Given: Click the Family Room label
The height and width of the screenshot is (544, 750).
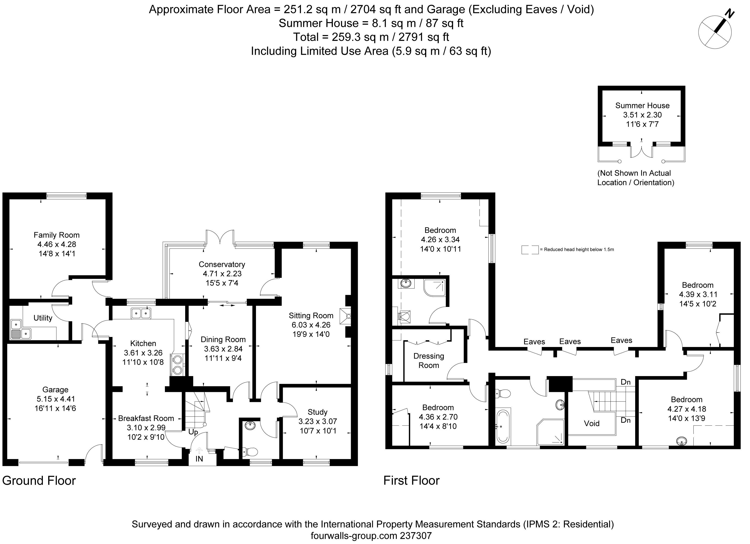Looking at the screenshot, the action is pos(57,235).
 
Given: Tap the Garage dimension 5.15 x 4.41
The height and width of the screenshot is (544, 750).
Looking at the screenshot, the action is pos(55,399).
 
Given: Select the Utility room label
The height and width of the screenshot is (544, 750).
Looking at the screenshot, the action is pos(43,318).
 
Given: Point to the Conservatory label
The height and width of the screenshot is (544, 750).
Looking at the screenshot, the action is pos(222,265).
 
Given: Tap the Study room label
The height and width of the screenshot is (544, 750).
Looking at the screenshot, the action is pos(317,412).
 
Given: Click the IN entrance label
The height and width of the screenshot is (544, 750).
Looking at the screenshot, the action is pos(199,459).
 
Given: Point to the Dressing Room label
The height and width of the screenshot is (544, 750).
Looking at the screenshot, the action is pos(429,361).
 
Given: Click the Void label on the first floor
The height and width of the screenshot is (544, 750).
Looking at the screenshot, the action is pos(592,423).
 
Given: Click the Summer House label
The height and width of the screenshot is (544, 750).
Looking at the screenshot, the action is pos(642,106).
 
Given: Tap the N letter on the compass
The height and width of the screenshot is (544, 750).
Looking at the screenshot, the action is pos(729,14).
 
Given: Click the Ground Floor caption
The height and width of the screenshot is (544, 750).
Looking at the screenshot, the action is pos(39,480).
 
